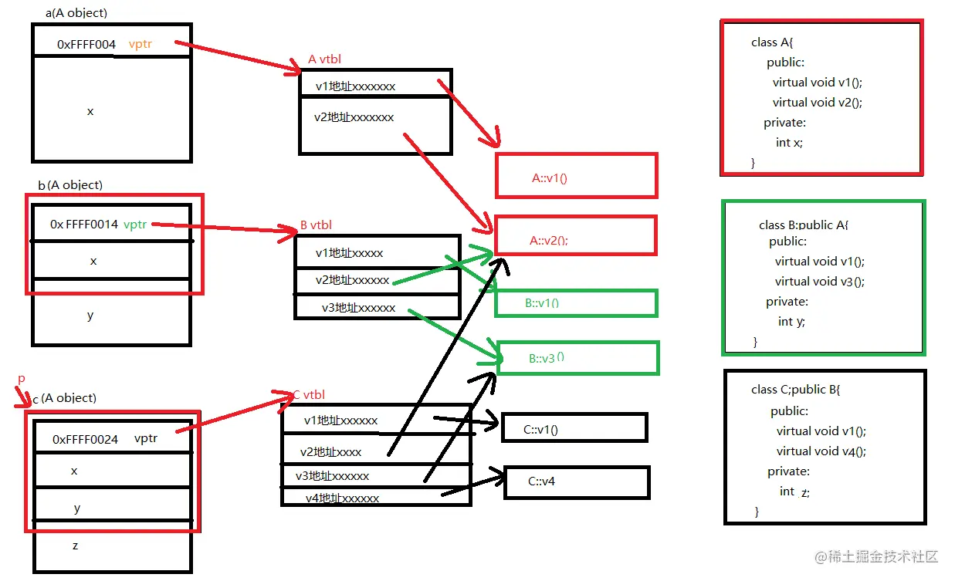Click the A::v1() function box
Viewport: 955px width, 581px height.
point(575,177)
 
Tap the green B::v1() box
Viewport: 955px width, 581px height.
point(575,302)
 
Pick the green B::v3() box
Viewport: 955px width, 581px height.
point(577,358)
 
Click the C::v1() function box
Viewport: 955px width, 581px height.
point(574,428)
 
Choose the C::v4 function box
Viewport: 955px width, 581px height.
point(576,481)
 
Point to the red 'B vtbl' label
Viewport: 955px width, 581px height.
point(316,225)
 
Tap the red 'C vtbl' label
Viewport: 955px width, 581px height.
point(308,394)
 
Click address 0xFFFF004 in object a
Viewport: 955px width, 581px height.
point(86,45)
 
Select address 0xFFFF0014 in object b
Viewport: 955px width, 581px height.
point(84,225)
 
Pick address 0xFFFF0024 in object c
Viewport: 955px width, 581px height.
point(85,439)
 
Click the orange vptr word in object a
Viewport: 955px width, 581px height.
point(141,44)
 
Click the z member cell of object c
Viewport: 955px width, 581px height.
point(75,546)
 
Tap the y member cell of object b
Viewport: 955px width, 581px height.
point(90,315)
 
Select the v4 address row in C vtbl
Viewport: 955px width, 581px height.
point(342,498)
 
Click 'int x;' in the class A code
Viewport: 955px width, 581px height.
point(789,143)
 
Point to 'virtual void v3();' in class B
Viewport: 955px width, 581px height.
point(819,282)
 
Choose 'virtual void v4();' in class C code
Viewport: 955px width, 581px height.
point(821,451)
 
